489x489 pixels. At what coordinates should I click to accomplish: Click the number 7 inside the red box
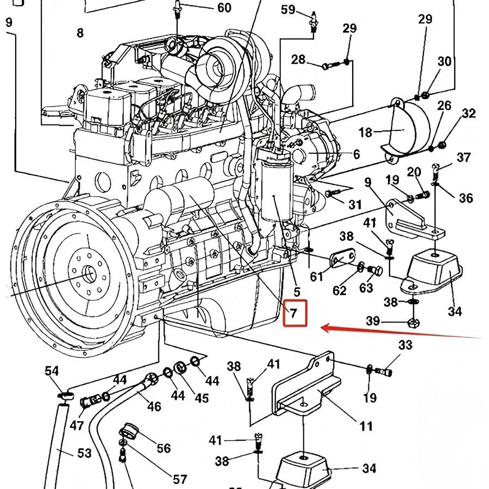(293, 313)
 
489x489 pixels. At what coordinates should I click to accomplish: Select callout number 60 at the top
(224, 8)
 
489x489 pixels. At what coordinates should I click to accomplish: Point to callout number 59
(288, 9)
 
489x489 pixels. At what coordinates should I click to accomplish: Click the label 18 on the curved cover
(365, 132)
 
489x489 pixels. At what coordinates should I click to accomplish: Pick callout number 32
(468, 114)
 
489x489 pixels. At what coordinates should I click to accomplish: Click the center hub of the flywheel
(88, 274)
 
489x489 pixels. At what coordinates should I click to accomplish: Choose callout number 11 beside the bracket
(366, 425)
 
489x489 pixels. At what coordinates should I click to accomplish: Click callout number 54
(52, 371)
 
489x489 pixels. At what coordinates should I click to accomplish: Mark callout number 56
(164, 448)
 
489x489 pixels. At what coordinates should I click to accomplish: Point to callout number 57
(180, 479)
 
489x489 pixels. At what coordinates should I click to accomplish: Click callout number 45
(202, 398)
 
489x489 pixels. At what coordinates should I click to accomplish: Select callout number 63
(366, 287)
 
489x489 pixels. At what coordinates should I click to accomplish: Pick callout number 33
(405, 345)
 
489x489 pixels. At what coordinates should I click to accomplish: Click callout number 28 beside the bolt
(298, 59)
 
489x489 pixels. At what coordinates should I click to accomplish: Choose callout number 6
(356, 155)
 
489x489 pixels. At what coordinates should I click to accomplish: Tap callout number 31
(355, 205)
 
